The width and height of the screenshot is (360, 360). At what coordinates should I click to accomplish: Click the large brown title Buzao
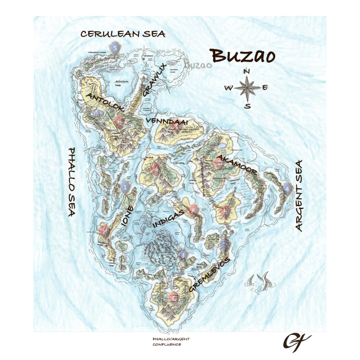pos(243,56)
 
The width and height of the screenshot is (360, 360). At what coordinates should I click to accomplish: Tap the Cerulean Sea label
pos(122,34)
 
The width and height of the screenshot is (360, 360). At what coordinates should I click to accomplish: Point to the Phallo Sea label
pos(72,182)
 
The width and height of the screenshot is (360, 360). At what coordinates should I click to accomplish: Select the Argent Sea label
pos(298,195)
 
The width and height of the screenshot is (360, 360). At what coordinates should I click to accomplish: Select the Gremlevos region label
pos(210,276)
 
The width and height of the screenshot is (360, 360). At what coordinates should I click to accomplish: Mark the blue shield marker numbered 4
pos(287,189)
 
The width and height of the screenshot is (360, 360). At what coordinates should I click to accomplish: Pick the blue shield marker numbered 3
pos(182,255)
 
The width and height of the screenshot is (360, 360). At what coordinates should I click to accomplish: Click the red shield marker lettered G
pos(174,297)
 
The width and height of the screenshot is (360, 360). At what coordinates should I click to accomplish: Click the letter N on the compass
pos(247,72)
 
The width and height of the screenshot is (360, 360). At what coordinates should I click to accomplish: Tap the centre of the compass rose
pos(247,88)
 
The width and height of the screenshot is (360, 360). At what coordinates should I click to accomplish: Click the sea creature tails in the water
pos(259,281)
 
